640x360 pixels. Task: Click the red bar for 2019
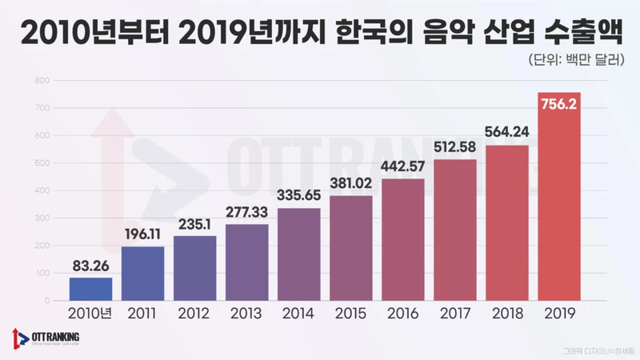point(560,200)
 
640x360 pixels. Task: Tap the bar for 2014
point(299,254)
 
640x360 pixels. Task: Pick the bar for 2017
point(455,230)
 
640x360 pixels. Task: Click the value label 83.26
point(90,265)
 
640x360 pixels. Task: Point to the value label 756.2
point(560,106)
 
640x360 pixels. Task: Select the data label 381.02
point(351,181)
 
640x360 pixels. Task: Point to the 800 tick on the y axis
point(42,80)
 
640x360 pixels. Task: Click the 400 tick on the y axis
point(42,190)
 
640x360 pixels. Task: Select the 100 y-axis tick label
point(42,274)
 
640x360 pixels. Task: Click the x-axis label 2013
point(246,313)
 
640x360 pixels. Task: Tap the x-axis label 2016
point(403,313)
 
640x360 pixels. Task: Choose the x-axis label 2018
point(507,313)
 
